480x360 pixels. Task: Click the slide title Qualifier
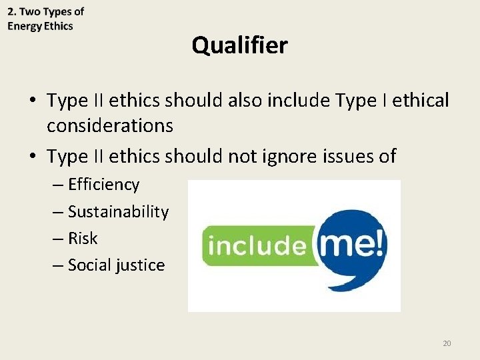click(x=239, y=45)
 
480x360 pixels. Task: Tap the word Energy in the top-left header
click(x=24, y=26)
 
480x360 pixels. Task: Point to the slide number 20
click(x=447, y=343)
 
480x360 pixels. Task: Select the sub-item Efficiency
click(x=103, y=185)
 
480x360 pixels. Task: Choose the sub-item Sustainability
click(x=118, y=212)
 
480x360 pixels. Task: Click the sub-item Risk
click(x=83, y=239)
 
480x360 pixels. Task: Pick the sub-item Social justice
click(x=116, y=265)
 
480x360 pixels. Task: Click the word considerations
click(x=110, y=125)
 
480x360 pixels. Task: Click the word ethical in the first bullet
click(x=421, y=101)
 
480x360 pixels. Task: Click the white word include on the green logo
click(x=256, y=245)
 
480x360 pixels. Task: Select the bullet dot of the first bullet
click(x=33, y=101)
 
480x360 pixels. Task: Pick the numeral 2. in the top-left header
click(x=12, y=12)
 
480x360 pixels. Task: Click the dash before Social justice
click(x=59, y=265)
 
